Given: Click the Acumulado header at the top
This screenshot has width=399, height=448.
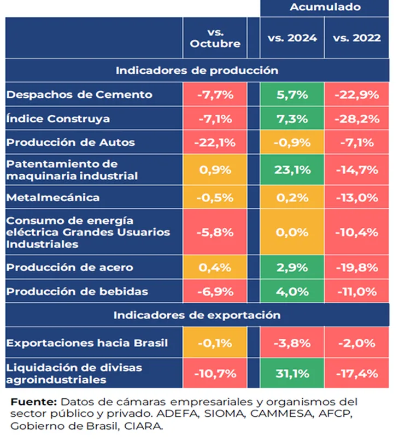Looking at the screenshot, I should point(325,7).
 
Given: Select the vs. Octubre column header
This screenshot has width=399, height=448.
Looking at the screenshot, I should point(215,38).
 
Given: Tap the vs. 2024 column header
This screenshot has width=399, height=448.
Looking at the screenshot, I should point(292,38).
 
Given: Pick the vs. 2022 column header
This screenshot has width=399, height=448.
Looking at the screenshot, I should point(356,38).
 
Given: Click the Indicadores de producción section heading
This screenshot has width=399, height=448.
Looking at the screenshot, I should point(197,70).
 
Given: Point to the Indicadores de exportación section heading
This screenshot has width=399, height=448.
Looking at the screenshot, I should point(197,315).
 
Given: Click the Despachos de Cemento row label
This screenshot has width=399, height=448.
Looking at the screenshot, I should point(79,95).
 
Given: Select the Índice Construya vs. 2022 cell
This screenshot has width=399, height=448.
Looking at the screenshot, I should point(356,119).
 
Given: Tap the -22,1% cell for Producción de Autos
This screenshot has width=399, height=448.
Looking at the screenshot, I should point(215,143).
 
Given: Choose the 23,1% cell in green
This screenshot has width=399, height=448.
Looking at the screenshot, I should point(292,169).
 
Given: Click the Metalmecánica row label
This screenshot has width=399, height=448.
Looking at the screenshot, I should point(52,197).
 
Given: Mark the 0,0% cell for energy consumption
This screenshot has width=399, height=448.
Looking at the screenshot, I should point(292,232).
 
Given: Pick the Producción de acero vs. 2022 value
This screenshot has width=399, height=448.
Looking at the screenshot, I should point(356,267).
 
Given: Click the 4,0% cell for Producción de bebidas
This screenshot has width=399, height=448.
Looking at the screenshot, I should point(292,291).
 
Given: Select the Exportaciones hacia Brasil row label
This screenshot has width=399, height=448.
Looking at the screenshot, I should point(87,343).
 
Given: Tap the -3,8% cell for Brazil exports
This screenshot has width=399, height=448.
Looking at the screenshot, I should point(292,343).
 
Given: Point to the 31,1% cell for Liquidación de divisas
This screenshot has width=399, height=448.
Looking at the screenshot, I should point(292,373).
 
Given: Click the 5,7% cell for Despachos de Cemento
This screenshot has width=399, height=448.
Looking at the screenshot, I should point(292,95).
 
